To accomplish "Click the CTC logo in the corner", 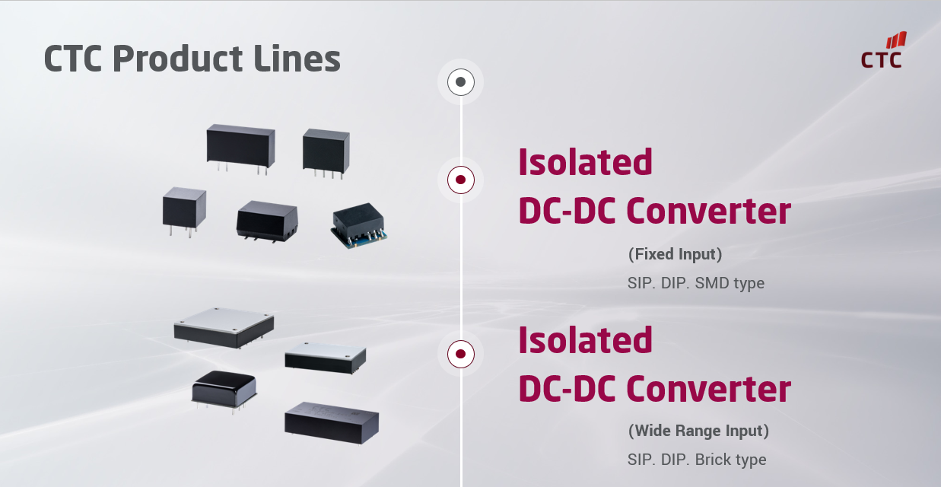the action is (x=882, y=50).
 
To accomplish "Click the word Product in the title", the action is (x=178, y=59).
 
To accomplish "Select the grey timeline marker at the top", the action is (x=460, y=81).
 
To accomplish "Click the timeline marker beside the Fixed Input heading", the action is (x=460, y=180).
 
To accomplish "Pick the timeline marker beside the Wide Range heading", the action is (x=460, y=354).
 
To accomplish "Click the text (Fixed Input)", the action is (x=675, y=254).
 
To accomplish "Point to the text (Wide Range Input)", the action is (x=698, y=430).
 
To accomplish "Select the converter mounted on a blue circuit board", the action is (x=359, y=226).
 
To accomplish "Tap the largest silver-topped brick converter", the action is (x=224, y=328).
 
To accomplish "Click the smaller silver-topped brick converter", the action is (x=325, y=358).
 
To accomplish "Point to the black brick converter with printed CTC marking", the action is (x=332, y=423).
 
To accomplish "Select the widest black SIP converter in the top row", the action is (x=240, y=148).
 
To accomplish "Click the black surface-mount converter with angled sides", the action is (x=267, y=221).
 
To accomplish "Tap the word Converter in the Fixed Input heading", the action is (x=708, y=211).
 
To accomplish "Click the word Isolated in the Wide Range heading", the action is (x=585, y=340).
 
